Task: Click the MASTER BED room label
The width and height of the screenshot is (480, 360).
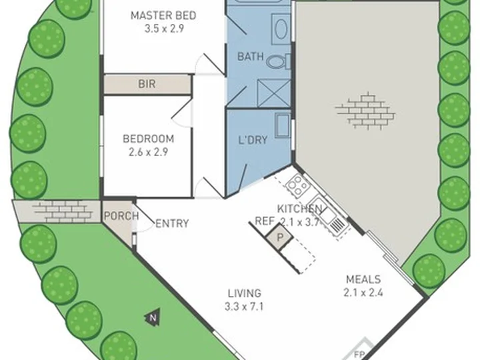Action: [163, 15]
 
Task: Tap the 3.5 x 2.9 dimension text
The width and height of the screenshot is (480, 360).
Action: [164, 29]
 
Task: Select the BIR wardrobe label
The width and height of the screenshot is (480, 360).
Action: [147, 84]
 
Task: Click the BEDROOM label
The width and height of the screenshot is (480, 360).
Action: [149, 139]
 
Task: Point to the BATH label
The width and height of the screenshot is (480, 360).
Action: [251, 56]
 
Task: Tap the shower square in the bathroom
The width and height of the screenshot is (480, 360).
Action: [274, 93]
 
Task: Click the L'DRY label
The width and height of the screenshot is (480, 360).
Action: [253, 140]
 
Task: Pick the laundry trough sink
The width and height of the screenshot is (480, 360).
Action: [283, 126]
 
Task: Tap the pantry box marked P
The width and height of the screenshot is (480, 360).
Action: [279, 237]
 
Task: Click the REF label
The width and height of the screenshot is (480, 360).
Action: [264, 221]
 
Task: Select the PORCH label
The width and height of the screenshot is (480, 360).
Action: [121, 216]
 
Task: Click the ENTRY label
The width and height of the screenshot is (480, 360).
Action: [172, 224]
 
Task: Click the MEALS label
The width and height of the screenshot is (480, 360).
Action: [363, 279]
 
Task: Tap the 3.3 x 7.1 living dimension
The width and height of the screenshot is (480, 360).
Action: [244, 307]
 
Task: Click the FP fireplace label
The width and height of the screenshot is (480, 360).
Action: [359, 355]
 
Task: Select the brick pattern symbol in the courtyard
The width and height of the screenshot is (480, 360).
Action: [365, 109]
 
